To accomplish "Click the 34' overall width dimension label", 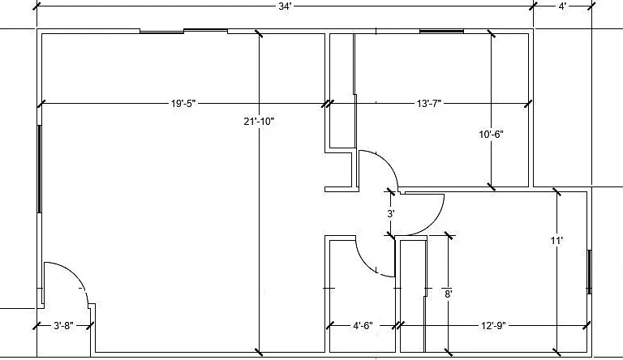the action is pos(285,6).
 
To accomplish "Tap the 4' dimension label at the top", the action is pos(563,6).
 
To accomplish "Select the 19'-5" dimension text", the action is pos(183,104).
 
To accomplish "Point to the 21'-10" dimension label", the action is pos(259,121).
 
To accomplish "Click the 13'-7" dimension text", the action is pos(429,104).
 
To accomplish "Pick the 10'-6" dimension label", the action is pos(491,135).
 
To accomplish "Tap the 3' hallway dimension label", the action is pos(391,214).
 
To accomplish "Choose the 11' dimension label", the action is pos(556,240).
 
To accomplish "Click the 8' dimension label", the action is pos(448,294).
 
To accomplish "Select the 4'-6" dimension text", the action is pos(363,326).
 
